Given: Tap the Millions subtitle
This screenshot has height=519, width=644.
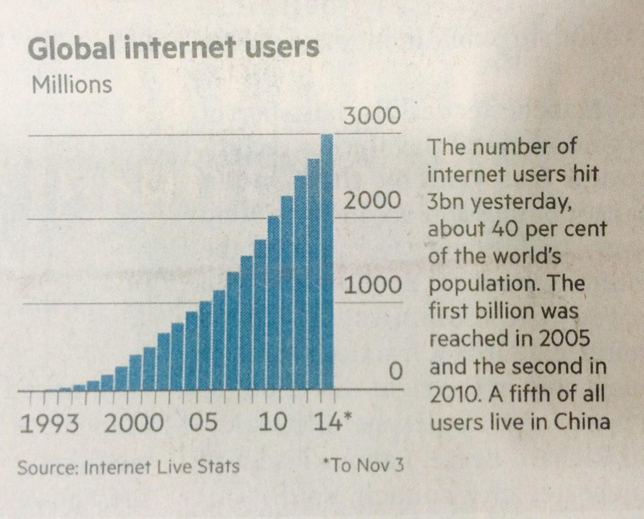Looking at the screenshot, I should coord(72,84).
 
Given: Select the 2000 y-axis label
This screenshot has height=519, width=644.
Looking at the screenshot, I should coord(371,201).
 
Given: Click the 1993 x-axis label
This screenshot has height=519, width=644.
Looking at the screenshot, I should coord(50,422).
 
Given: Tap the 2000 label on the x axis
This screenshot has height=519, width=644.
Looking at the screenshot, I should coord(133,422).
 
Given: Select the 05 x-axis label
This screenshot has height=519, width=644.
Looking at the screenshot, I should coord(203,422).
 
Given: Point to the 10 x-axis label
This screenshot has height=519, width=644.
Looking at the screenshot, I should coord(272,422).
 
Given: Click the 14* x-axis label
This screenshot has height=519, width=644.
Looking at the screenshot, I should coord(328,422).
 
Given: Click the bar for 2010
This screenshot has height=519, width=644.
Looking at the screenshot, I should coord(274,302).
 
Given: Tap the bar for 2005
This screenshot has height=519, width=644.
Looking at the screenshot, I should coord(205,346).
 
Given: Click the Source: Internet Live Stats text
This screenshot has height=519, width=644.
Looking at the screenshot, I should coord(128,467).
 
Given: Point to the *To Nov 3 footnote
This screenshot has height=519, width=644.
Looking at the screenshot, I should coord(362,466).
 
